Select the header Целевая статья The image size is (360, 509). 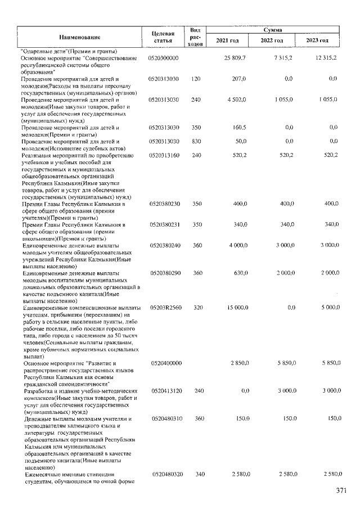(x=163, y=37)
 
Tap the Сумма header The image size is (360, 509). (x=272, y=29)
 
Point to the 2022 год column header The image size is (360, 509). (x=272, y=41)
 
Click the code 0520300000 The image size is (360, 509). (x=164, y=58)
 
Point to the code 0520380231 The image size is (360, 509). (x=164, y=224)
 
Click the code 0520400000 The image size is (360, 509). (x=164, y=363)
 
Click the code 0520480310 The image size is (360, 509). (x=164, y=419)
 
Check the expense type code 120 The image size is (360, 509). (x=196, y=79)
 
